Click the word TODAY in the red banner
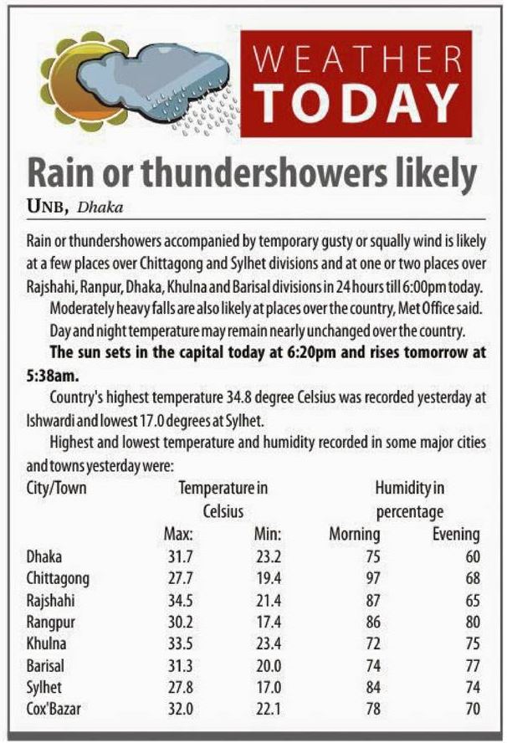point(361,100)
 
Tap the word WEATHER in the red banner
point(361,59)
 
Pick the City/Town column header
point(57,487)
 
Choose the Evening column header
point(455,534)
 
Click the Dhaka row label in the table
point(45,556)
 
